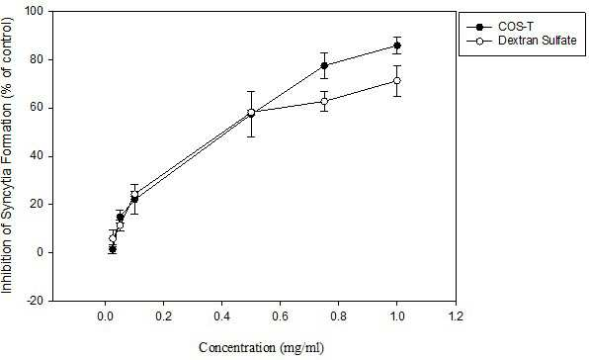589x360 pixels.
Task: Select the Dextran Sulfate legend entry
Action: tap(522, 41)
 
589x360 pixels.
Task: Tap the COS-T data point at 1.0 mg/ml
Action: tap(396, 45)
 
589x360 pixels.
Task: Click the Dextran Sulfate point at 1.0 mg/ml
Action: tap(396, 80)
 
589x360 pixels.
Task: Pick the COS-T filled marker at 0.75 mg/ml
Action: tap(324, 65)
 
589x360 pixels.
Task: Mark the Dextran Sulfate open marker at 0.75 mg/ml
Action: tap(324, 101)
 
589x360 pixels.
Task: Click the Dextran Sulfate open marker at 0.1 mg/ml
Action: tap(134, 195)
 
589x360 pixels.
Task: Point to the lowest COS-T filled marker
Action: tap(113, 249)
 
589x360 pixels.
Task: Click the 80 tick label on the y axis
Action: tap(41, 59)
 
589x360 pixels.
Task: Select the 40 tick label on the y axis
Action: tap(41, 156)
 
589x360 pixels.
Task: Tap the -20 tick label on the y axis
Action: tap(39, 301)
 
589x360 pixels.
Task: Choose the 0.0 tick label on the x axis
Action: tap(105, 316)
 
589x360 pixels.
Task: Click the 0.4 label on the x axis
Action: tap(221, 316)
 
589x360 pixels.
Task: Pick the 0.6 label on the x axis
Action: tap(281, 316)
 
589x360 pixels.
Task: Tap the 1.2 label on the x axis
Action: tap(456, 316)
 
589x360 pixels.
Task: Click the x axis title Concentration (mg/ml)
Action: tap(261, 348)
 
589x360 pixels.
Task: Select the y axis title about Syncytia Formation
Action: tap(7, 155)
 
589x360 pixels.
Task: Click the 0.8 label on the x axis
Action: tap(338, 316)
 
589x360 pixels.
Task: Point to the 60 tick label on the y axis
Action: tap(41, 108)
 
